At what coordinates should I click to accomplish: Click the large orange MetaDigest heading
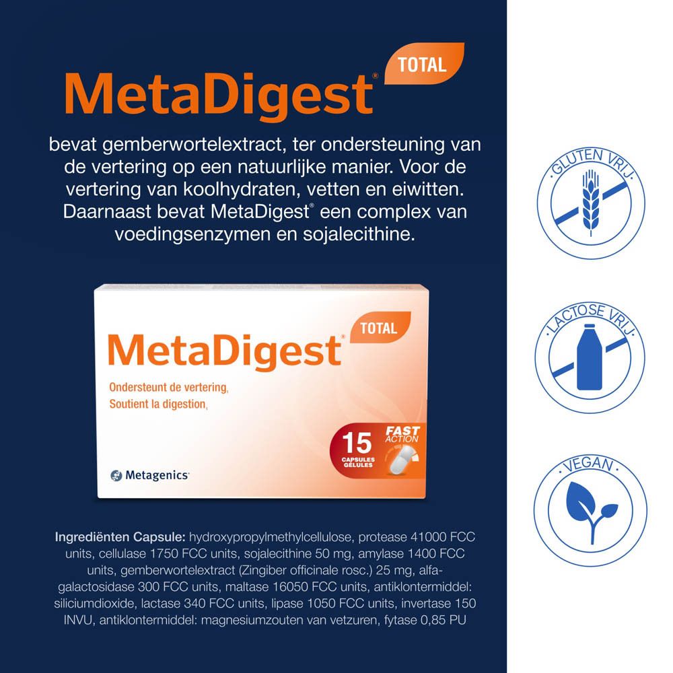click(x=219, y=96)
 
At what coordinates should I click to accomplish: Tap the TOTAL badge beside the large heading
click(x=423, y=65)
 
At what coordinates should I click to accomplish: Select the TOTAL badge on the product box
click(x=380, y=328)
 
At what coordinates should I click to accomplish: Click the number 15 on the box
click(x=357, y=443)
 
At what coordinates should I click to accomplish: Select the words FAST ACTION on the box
click(x=402, y=434)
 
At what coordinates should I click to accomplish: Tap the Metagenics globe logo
click(x=116, y=476)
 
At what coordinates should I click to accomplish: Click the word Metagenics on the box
click(x=157, y=475)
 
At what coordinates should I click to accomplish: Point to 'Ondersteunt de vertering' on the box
click(x=168, y=387)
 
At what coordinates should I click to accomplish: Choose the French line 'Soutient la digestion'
click(x=157, y=404)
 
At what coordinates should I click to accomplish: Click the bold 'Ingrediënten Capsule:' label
click(x=120, y=537)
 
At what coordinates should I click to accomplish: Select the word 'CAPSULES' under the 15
click(x=358, y=459)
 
